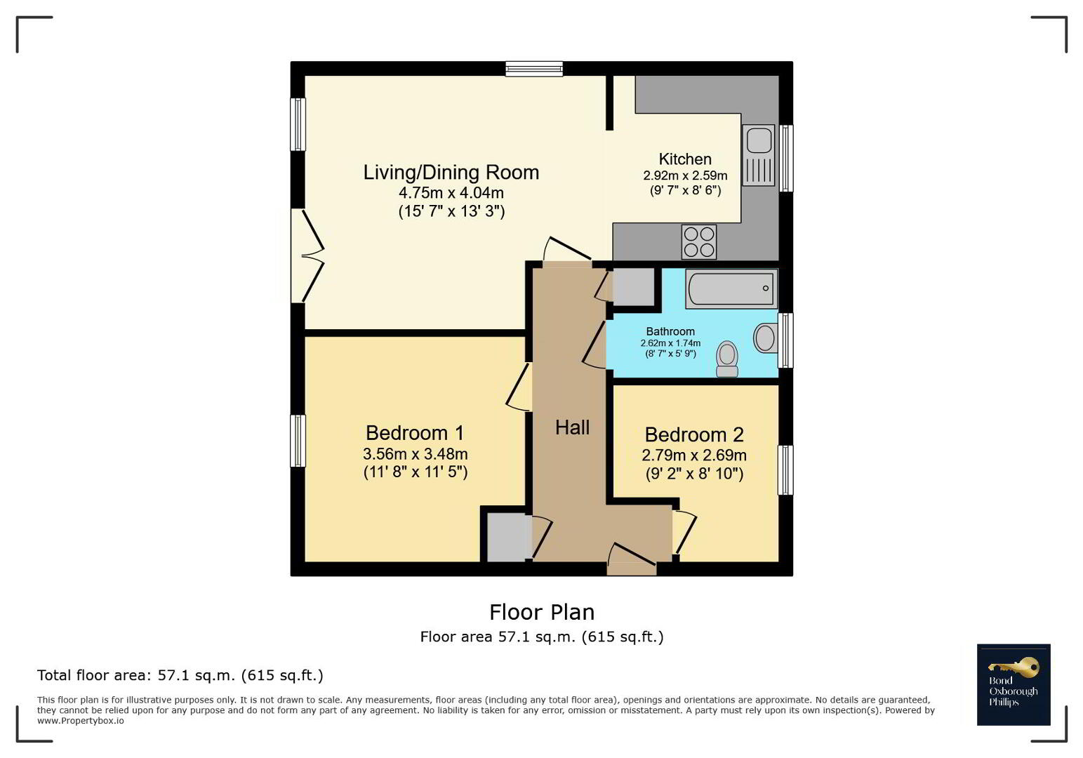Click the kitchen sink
pos(758,155)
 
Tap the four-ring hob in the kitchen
pos(699,242)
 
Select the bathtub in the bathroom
pos(731,288)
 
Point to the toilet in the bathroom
pos(727,359)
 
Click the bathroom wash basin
pos(765,338)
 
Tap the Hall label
pos(573,428)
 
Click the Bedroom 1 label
pos(415,433)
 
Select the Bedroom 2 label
pos(693,435)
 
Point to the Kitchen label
pos(685,159)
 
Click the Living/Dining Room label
pos(451,173)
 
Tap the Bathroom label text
pos(670,331)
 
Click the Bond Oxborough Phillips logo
pos(1014,684)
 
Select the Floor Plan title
pos(542,613)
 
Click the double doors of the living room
pos(307,256)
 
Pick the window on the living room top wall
pos(534,69)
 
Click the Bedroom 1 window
pos(298,441)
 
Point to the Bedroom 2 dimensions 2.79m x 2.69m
pos(693,456)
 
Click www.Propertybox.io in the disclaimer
pos(81,721)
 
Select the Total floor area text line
pos(180,675)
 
